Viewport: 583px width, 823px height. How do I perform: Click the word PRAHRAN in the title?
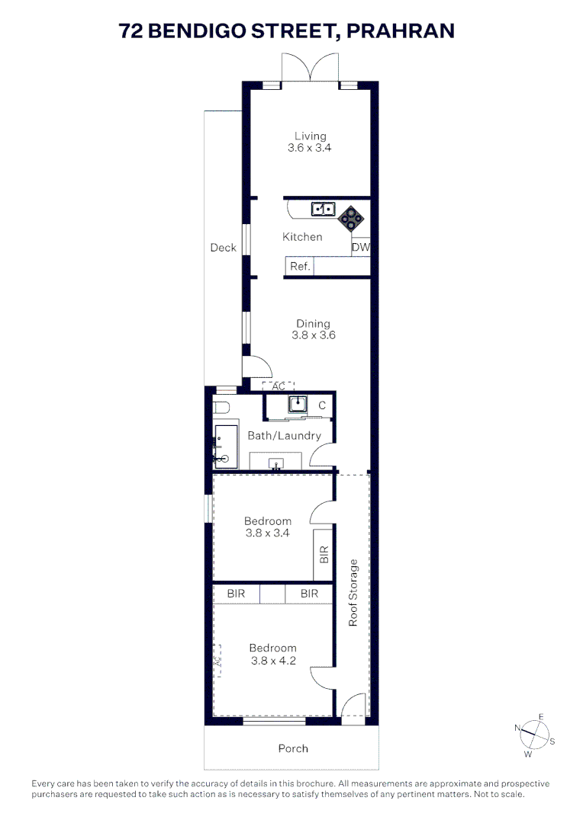401,30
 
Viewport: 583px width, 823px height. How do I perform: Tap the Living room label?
310,136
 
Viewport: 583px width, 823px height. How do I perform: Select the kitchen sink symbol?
322,208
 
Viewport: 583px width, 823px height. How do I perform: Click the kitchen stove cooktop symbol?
352,218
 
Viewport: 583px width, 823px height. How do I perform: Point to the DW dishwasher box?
360,248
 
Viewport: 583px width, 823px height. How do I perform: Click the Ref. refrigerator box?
299,267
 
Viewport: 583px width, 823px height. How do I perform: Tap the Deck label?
223,248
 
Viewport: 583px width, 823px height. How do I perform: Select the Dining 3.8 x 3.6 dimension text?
313,335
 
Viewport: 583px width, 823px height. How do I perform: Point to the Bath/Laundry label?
284,436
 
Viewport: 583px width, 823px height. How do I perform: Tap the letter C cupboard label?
322,405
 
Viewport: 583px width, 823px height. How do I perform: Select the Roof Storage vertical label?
353,593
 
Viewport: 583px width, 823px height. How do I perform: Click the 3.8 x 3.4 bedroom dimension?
267,533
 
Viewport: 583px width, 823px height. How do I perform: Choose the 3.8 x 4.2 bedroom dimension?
272,661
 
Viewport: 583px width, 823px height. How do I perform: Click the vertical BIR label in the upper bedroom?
324,554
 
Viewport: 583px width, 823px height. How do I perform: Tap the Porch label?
293,748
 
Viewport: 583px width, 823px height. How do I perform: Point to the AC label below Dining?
278,386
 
